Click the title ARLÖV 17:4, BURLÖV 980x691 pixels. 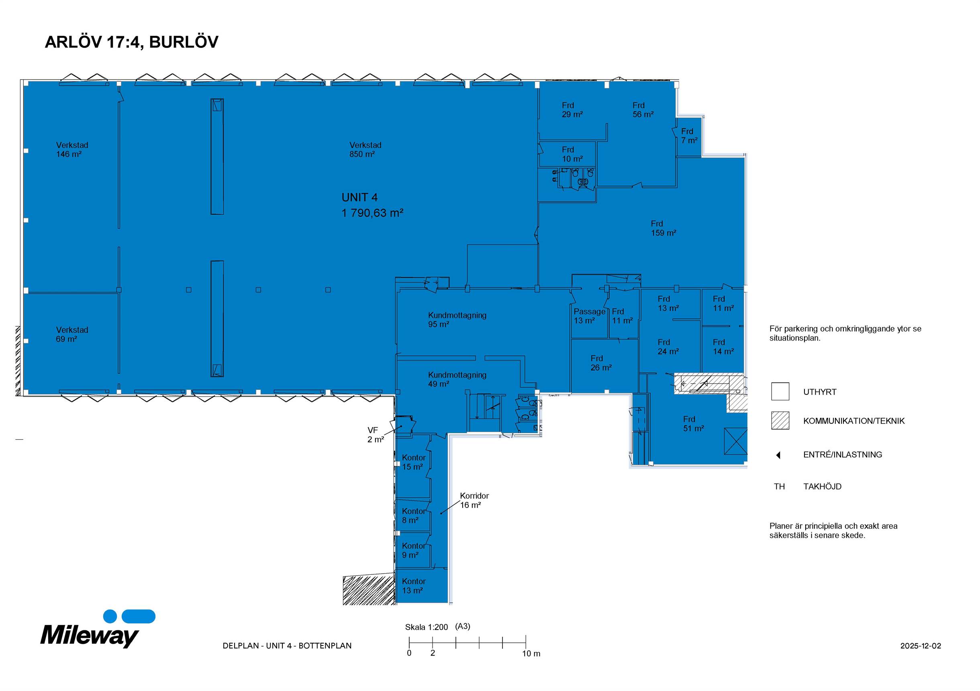[131, 42]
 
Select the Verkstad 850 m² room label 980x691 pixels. [365, 150]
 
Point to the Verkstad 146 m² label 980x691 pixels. [72, 150]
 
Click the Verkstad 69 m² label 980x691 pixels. [72, 334]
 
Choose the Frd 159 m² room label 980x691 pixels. [663, 228]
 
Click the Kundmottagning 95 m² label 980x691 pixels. [457, 320]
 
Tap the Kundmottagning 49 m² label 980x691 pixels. [457, 379]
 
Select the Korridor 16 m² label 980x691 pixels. [474, 500]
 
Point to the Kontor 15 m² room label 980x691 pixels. [414, 462]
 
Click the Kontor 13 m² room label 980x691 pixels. [414, 586]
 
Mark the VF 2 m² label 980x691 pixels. [376, 435]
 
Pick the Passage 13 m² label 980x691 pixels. [590, 316]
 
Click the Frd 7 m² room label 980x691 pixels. [689, 136]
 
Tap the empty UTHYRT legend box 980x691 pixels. [780, 391]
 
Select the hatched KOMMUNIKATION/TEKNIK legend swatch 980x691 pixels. [780, 420]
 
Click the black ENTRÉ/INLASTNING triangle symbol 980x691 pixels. [778, 455]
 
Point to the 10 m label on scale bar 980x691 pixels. [531, 654]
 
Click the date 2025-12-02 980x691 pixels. [921, 646]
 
